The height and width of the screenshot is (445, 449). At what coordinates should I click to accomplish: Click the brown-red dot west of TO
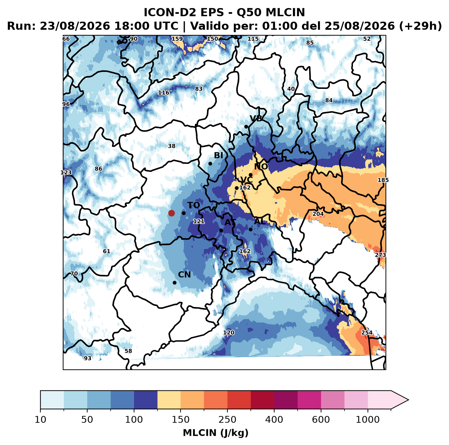pyautogui.click(x=171, y=213)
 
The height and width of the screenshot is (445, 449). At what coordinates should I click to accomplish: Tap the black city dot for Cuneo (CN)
pyautogui.click(x=174, y=283)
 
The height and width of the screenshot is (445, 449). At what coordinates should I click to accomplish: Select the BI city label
pyautogui.click(x=218, y=155)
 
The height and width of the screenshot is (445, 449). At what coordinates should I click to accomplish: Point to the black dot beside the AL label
pyautogui.click(x=250, y=229)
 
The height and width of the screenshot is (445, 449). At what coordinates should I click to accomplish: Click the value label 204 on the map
pyautogui.click(x=318, y=214)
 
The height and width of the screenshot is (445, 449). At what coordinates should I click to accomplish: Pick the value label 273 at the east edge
pyautogui.click(x=380, y=255)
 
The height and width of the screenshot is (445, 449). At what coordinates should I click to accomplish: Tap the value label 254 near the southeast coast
pyautogui.click(x=367, y=332)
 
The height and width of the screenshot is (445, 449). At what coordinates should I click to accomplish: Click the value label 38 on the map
pyautogui.click(x=172, y=146)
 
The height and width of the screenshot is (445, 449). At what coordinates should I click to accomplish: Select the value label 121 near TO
pyautogui.click(x=199, y=221)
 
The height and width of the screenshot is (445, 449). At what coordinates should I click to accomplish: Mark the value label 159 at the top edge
pyautogui.click(x=177, y=39)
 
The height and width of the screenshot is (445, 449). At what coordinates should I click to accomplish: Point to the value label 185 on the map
pyautogui.click(x=383, y=180)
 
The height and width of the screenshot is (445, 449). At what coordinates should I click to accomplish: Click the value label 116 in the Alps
pyautogui.click(x=164, y=93)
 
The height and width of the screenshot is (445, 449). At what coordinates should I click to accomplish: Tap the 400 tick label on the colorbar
pyautogui.click(x=274, y=420)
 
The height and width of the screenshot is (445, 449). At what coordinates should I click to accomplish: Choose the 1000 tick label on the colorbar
pyautogui.click(x=368, y=420)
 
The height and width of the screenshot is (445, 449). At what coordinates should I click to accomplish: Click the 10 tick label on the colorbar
pyautogui.click(x=40, y=420)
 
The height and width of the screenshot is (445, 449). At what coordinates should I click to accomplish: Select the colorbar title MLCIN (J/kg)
pyautogui.click(x=216, y=433)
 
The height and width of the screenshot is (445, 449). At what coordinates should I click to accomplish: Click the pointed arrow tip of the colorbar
pyautogui.click(x=408, y=400)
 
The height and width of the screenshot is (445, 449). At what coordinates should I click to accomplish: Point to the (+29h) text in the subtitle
pyautogui.click(x=420, y=26)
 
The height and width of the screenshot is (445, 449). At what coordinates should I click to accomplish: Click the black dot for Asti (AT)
pyautogui.click(x=221, y=230)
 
